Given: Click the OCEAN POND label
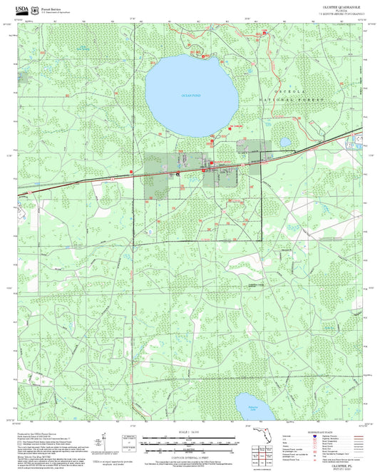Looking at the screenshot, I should click(191, 96).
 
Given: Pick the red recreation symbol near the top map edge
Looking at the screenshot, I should click(265, 33).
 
